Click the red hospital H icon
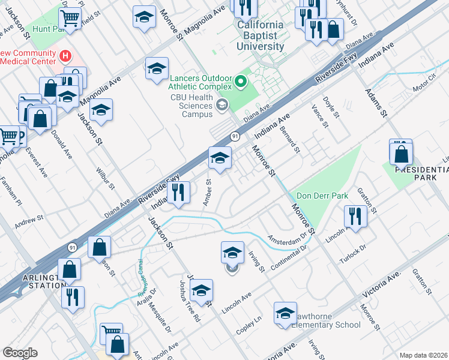pyautogui.click(x=66, y=58)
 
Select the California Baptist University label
pyautogui.click(x=260, y=35)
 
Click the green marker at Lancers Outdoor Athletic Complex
pyautogui.click(x=242, y=80)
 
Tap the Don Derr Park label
pyautogui.click(x=322, y=196)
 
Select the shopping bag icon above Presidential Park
pyautogui.click(x=400, y=154)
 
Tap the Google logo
pyautogui.click(x=20, y=352)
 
